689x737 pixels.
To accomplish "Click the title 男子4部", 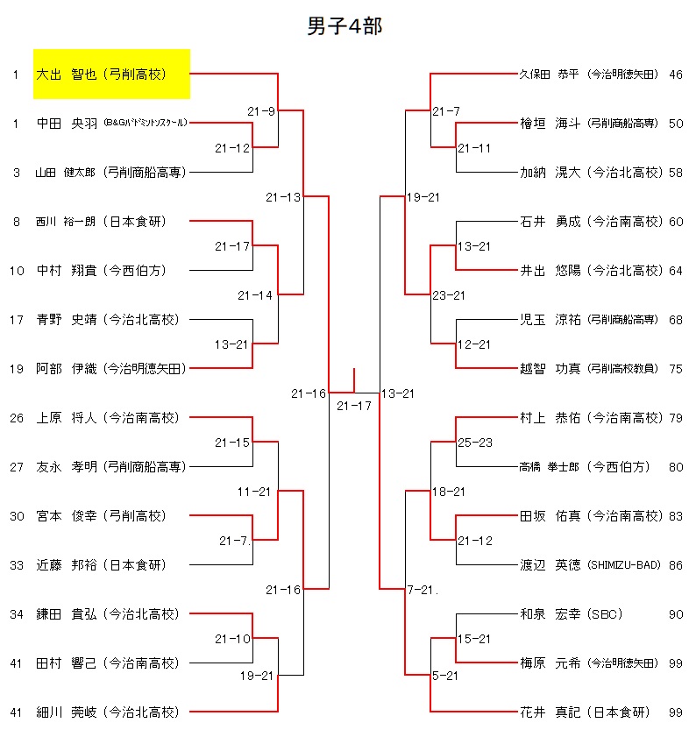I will tap(344, 26).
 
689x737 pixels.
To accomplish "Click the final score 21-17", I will tap(354, 406).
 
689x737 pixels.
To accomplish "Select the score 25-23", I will tap(475, 443).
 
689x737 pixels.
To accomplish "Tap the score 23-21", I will tap(450, 295).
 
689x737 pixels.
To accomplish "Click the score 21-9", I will tap(261, 111).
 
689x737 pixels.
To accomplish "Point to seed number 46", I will tap(675, 74).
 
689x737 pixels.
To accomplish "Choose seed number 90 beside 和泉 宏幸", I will tap(675, 614).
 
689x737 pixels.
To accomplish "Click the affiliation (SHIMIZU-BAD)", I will tap(622, 565).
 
